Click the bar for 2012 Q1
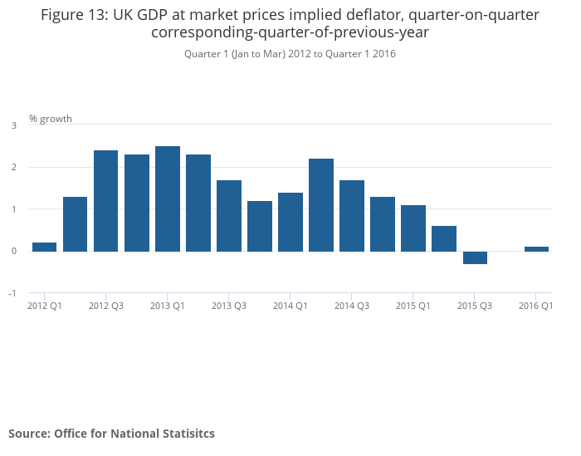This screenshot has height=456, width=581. point(45,247)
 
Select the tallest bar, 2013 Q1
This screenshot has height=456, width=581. point(168,199)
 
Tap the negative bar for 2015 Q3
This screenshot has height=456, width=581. point(475,257)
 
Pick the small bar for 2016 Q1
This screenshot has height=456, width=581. point(536,248)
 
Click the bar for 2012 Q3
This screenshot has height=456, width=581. point(105,201)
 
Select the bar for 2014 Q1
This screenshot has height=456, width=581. point(290,222)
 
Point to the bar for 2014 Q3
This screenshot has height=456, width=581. point(352,215)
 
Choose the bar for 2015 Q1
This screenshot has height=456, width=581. point(413,228)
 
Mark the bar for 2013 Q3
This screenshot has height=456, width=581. point(229,215)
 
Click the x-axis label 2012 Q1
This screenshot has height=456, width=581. point(45,306)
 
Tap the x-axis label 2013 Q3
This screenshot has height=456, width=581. point(229,306)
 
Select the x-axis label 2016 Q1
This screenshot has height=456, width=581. point(536,306)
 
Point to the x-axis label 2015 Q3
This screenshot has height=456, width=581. point(475,306)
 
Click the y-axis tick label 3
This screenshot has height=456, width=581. point(13,125)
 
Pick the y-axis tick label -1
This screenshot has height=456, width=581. point(12,293)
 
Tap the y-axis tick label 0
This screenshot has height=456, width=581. point(13,251)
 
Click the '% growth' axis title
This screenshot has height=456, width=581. point(51,119)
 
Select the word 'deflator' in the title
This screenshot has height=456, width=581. point(380,15)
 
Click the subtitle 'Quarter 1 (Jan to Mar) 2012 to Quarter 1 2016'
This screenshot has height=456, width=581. point(290,54)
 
